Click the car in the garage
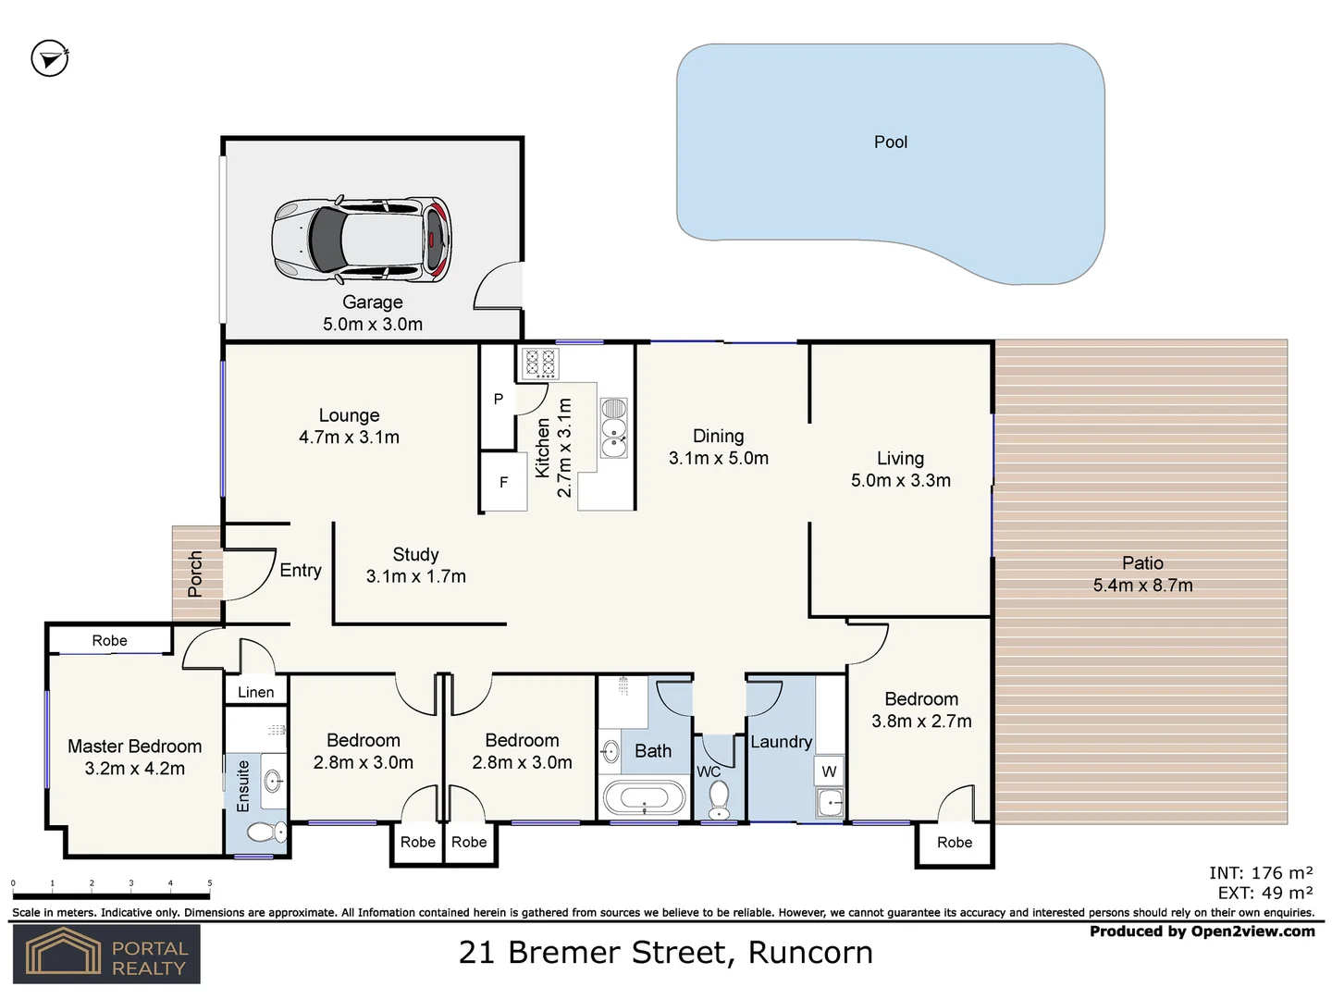(362, 239)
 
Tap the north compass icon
(50, 58)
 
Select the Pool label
(890, 142)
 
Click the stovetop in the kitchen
(540, 363)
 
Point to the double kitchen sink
(613, 428)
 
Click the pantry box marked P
(498, 399)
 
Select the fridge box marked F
(503, 482)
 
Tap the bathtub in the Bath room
(644, 797)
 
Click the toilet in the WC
(719, 799)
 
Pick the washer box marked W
(829, 771)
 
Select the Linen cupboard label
(255, 692)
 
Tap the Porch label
(195, 573)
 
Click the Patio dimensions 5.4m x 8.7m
(1142, 586)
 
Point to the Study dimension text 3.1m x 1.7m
(415, 576)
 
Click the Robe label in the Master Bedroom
(109, 640)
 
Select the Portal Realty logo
(106, 954)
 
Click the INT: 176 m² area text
(1260, 872)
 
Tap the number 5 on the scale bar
(210, 883)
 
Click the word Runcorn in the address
(810, 952)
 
